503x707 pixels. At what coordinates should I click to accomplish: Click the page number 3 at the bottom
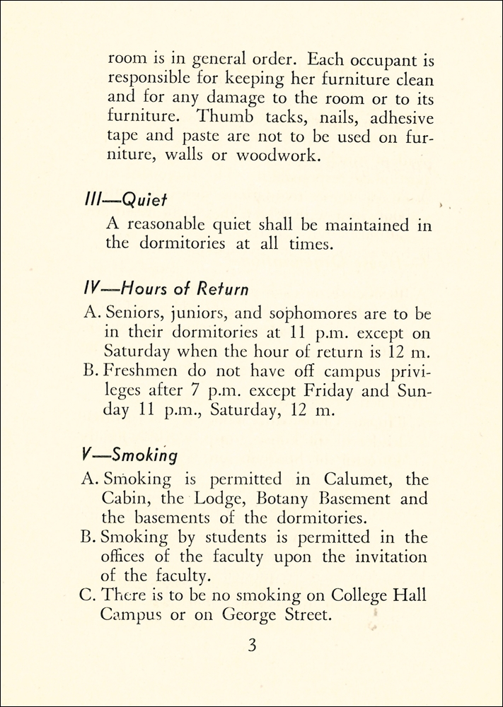click(251, 647)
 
